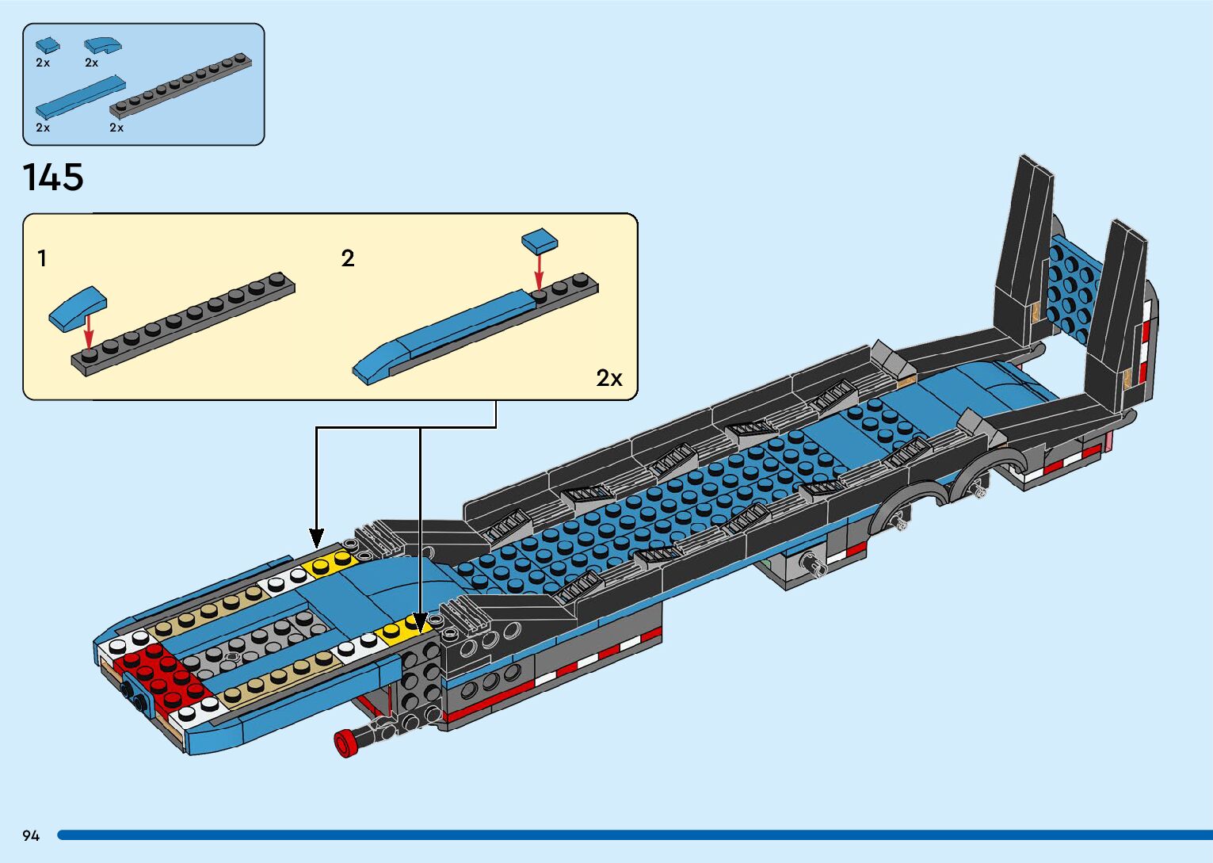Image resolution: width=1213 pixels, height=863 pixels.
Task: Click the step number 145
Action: tap(53, 178)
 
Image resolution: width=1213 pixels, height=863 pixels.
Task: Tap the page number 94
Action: tap(31, 835)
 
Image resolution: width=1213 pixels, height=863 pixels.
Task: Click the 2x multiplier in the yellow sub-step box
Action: tap(608, 378)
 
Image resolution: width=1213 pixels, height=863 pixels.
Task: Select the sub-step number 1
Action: tap(42, 258)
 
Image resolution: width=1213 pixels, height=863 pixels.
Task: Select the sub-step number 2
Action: tap(347, 258)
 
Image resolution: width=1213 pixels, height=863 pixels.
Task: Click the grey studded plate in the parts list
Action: tap(181, 85)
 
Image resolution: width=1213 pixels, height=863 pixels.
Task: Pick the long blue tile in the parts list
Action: tap(80, 97)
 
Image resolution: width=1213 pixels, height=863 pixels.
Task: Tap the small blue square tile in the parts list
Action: tap(47, 45)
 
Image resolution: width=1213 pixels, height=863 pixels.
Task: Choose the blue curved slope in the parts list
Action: tap(102, 44)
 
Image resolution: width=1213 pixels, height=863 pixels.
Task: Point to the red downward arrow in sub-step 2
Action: tap(539, 272)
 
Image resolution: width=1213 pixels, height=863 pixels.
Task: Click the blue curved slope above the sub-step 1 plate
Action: tap(77, 307)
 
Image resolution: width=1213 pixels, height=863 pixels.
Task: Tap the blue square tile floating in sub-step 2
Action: tap(539, 239)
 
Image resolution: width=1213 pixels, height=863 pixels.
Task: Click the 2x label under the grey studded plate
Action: tap(116, 128)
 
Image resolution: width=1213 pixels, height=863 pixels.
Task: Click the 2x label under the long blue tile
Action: tap(43, 128)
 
